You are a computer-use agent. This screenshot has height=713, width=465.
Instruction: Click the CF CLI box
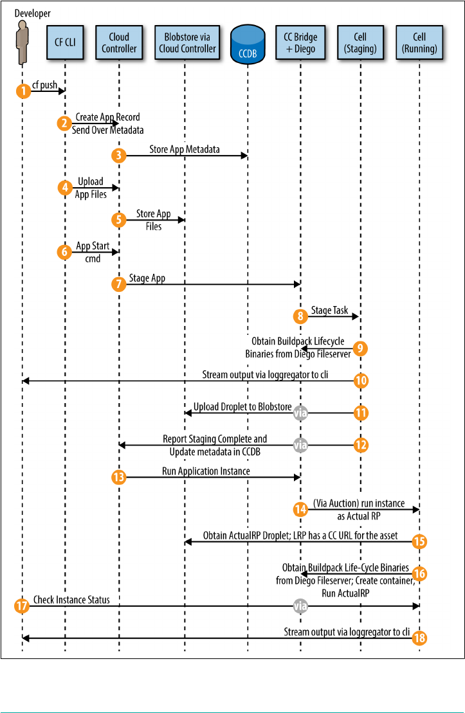65,43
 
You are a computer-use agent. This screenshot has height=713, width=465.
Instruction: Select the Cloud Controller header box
119,43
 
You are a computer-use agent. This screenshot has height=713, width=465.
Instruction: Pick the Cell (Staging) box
361,43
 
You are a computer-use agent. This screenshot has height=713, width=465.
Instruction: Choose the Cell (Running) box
419,43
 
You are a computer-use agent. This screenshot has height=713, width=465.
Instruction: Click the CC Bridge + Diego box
300,43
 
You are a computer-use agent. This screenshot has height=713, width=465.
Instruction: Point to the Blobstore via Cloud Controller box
185,43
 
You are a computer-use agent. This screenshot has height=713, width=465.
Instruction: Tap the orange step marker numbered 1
23,91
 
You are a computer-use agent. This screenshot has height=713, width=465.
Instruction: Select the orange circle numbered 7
118,284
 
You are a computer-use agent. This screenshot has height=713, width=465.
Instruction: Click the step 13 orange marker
118,476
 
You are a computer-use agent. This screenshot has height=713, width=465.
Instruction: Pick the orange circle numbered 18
419,638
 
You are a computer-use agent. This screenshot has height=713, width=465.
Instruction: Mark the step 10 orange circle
361,380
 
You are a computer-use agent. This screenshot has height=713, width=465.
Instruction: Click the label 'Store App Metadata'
184,150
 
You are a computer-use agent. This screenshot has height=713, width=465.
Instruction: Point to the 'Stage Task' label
330,311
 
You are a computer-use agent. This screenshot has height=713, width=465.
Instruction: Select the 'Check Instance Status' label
72,600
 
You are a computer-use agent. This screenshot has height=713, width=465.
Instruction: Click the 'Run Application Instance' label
206,471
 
